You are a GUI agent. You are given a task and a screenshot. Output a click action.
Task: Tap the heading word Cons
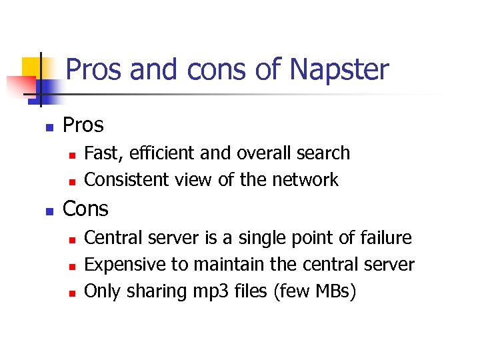[85, 209]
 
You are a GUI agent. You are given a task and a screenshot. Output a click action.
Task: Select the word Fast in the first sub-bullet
[100, 153]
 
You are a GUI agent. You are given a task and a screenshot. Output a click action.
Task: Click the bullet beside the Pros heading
[49, 127]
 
